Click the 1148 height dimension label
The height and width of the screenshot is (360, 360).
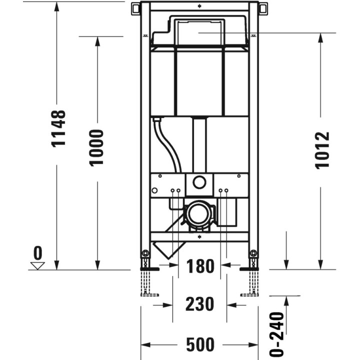pos(58,128)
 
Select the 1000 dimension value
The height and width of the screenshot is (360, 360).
pos(97,148)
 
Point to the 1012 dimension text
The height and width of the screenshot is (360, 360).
pos(323,150)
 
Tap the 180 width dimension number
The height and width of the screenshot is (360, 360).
pos(200,266)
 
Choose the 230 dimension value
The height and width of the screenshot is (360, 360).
pos(199,303)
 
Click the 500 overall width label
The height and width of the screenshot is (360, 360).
pos(199,344)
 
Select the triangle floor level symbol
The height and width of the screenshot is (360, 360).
pos(37,265)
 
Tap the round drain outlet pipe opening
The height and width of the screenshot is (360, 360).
pos(199,214)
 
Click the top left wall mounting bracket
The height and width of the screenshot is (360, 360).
pos(136,8)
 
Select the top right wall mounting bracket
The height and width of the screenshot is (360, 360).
pos(262,8)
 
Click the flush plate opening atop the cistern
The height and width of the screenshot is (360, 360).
pos(199,31)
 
